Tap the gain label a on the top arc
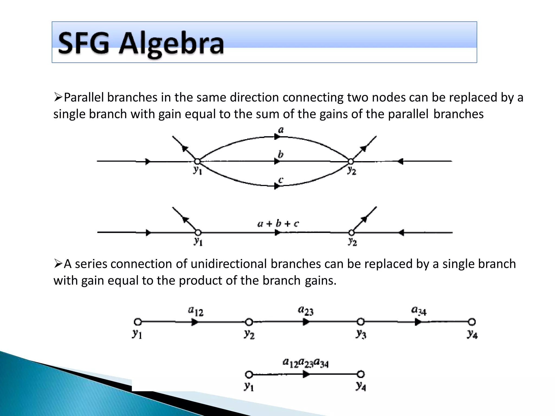(281, 130)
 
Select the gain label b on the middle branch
(280, 154)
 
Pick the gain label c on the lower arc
(281, 180)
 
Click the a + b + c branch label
(278, 223)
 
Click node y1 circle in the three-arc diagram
(197, 161)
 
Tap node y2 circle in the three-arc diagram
(351, 161)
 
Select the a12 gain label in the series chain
(195, 311)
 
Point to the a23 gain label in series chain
(306, 311)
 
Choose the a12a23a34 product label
(305, 363)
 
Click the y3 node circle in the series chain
(360, 322)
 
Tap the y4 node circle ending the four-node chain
(472, 322)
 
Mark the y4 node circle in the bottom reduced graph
(360, 374)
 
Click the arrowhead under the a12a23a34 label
(306, 374)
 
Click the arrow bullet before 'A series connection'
(58, 264)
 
